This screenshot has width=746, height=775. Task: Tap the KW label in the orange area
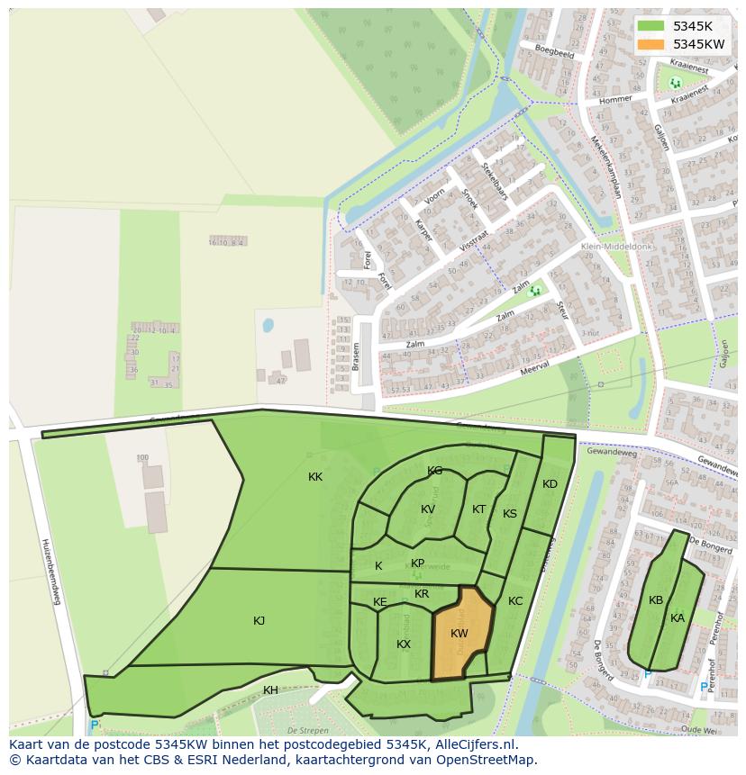[459, 634]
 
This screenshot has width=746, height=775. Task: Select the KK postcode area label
[315, 477]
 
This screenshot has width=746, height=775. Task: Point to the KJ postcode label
[259, 620]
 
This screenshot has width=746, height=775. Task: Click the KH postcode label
[270, 690]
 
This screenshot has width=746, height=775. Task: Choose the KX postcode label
[404, 644]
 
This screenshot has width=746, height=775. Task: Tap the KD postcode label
[550, 484]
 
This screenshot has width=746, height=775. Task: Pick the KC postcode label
[515, 601]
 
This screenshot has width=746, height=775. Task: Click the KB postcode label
[656, 600]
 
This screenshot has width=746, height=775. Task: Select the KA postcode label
[678, 618]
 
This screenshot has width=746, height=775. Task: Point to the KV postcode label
[428, 509]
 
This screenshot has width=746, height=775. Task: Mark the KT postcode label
[478, 509]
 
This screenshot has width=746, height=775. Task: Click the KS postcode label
[510, 514]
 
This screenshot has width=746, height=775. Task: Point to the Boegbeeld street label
[554, 52]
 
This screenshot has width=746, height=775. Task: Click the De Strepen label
[305, 730]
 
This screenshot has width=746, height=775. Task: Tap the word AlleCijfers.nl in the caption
[473, 744]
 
